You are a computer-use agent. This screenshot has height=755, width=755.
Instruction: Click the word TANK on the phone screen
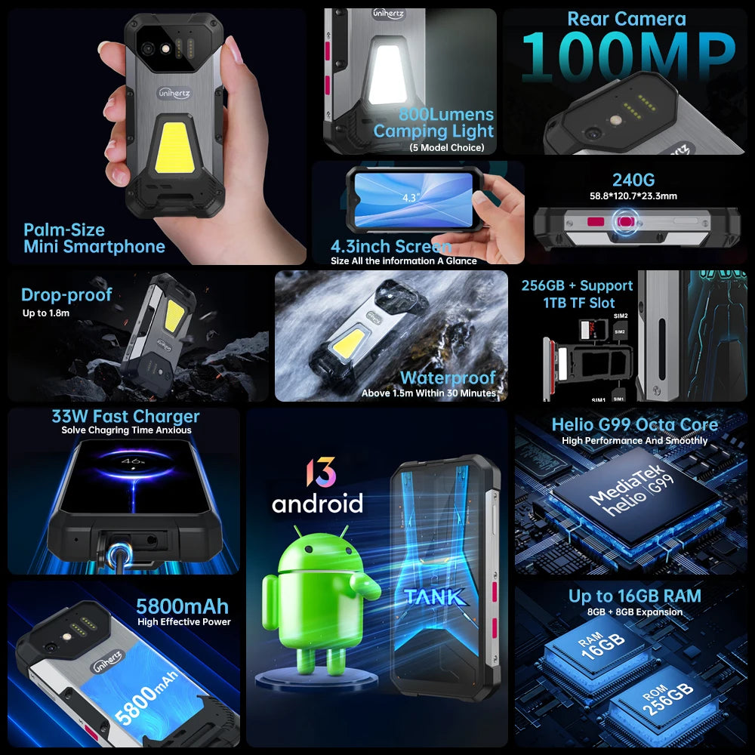coord(434,596)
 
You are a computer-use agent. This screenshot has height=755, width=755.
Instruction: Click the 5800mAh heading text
coord(182,606)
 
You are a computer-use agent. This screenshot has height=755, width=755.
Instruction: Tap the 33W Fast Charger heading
coord(125,416)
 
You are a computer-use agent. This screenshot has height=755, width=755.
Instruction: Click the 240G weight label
coord(633,180)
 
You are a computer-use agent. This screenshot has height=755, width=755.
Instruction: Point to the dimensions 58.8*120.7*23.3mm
coord(633,196)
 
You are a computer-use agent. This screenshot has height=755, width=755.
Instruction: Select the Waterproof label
coord(448,377)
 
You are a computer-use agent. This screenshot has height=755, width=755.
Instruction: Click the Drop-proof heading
coord(66,294)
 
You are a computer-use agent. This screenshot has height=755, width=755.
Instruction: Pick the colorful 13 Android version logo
coord(320,472)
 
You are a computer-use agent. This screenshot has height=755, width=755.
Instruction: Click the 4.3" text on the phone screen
coord(411,197)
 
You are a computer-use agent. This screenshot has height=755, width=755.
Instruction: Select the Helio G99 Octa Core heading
coord(634,424)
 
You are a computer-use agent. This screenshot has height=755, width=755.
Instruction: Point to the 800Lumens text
coord(445,115)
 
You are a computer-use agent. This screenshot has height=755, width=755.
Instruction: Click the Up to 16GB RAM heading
coord(634,596)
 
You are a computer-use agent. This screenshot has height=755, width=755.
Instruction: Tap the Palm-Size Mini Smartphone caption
coord(94,238)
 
